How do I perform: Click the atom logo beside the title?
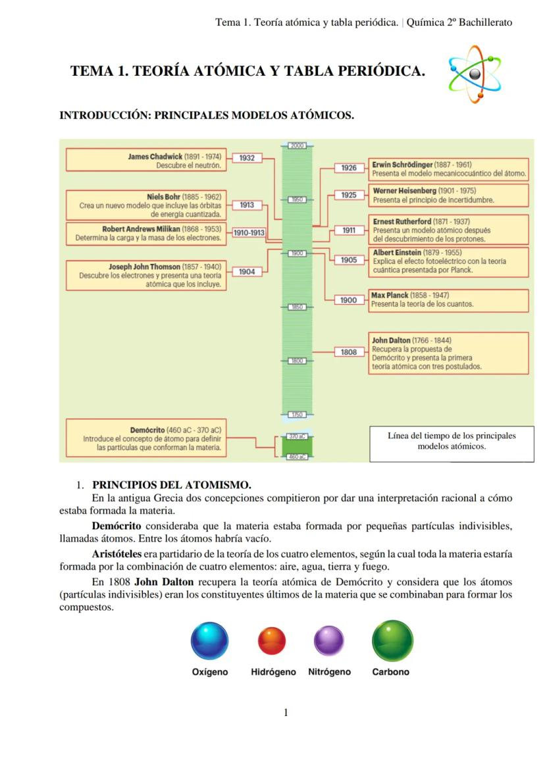pos(473,74)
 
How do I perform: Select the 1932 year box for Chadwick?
pos(247,158)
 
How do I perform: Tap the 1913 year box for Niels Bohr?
pos(247,205)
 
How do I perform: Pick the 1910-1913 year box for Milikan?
pos(249,232)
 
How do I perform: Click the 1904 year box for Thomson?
pos(247,271)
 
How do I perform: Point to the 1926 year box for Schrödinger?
pos(349,168)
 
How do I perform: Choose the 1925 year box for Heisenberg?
pos(349,195)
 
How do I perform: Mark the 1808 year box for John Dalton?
pos(349,352)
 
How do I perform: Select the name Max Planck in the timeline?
pos(390,295)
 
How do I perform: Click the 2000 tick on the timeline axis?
pos(298,145)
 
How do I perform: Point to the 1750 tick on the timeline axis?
pos(298,415)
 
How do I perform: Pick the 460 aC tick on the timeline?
pos(297,457)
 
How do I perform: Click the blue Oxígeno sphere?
pos(209,641)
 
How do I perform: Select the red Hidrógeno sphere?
pos(271,641)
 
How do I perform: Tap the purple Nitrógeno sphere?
pos(328,641)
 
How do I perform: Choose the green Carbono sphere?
pos(392,640)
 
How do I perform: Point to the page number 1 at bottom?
pos(286,712)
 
